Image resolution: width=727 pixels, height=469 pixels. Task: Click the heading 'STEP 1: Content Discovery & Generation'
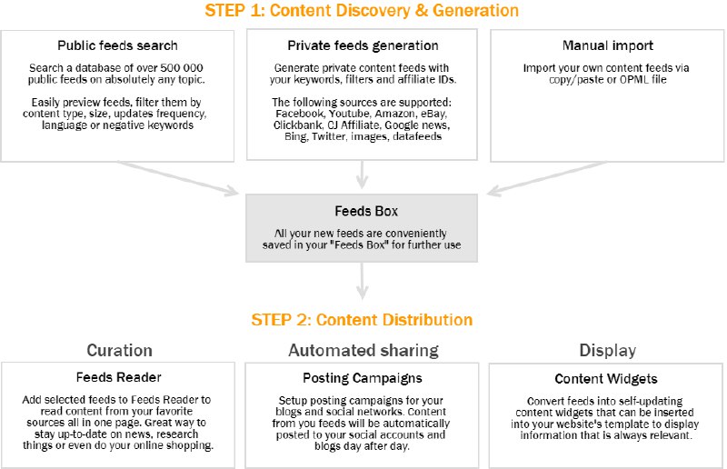(362, 11)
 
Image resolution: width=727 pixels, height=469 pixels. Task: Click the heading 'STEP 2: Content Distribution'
(362, 320)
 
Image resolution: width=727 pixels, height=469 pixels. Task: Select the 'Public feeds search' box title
(117, 45)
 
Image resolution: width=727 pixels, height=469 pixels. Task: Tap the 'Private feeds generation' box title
(363, 45)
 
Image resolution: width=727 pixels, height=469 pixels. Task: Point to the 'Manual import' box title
(606, 45)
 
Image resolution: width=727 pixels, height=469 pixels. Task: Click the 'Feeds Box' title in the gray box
(363, 212)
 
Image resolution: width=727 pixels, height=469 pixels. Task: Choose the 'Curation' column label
(119, 350)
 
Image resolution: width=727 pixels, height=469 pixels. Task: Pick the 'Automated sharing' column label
(363, 350)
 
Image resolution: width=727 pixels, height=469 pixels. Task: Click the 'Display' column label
(607, 350)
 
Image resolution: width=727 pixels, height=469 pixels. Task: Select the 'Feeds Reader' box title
(118, 378)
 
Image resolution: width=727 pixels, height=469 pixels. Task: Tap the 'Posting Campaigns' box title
(363, 378)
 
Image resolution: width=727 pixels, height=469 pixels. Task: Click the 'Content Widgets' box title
(606, 378)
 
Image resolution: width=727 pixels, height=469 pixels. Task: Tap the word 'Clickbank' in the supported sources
(295, 125)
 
